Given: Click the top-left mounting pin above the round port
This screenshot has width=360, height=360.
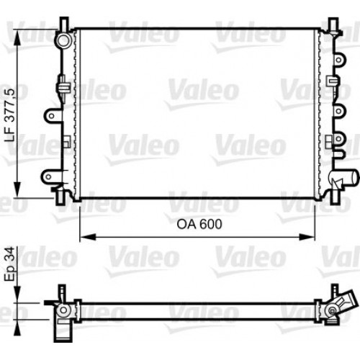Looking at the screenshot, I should tap(64, 24).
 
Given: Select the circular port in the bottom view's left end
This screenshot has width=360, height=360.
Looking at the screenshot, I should tap(64, 310).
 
